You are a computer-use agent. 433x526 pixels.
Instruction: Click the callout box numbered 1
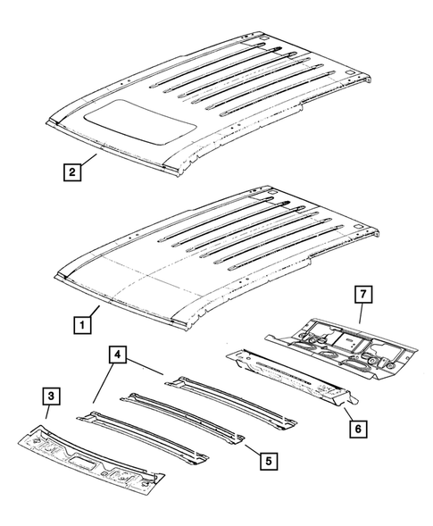[x=81, y=327]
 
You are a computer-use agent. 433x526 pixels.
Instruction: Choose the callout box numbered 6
[x=357, y=429]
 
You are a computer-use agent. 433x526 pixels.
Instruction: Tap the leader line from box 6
[x=346, y=413]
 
